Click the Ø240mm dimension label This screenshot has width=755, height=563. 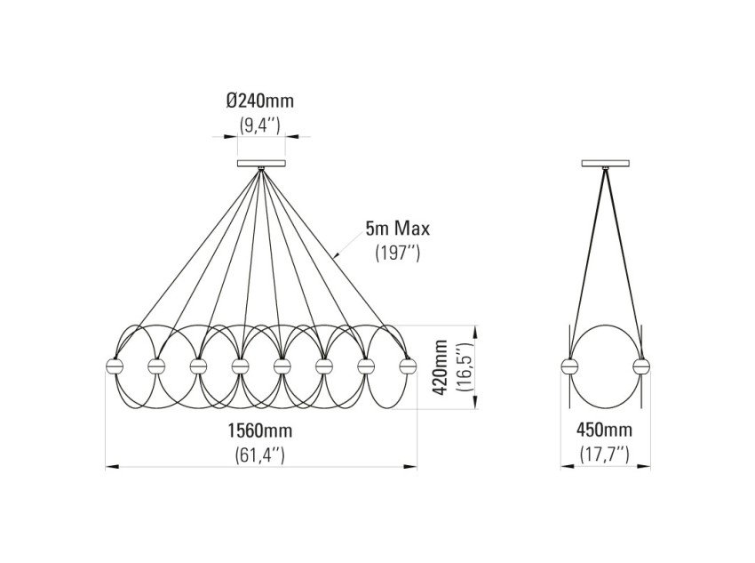point(260,101)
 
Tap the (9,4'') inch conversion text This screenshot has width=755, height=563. point(260,125)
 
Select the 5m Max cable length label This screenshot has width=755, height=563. point(397,229)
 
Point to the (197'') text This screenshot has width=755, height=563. point(398,253)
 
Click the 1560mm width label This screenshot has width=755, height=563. point(260,430)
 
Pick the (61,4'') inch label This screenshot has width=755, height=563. point(260,454)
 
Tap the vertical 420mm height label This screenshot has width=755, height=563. point(440,368)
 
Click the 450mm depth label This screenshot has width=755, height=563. point(604,429)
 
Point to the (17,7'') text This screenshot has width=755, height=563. point(604,454)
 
